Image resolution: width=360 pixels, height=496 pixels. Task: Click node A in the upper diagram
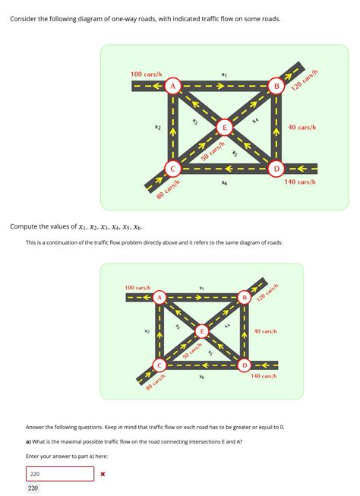[x=172, y=87]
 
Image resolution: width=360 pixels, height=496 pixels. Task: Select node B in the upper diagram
[x=276, y=87]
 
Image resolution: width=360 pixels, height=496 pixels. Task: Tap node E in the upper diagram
[x=224, y=127]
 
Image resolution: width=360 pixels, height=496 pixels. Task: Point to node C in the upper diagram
[x=172, y=168]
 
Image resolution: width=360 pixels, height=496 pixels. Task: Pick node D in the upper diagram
[x=276, y=168]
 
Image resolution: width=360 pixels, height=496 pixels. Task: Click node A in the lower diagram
[x=159, y=299]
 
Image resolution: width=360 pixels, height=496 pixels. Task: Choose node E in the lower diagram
[x=202, y=331]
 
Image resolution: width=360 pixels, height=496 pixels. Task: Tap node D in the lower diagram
[x=244, y=365]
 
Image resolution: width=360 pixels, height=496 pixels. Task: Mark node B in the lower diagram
[x=244, y=299]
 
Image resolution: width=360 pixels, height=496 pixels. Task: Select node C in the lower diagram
[x=159, y=365]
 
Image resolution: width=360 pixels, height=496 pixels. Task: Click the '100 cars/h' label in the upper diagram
[x=146, y=74]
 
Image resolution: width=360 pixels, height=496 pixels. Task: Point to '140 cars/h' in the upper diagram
[x=300, y=182]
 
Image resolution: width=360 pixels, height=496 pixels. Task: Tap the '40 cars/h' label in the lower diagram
[x=266, y=332]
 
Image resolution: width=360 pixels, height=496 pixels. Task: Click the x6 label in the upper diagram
[x=224, y=183]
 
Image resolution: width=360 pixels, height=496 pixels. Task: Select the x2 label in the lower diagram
[x=147, y=331]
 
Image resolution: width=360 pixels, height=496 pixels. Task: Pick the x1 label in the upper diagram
[x=224, y=74]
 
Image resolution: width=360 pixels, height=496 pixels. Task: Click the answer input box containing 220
[x=60, y=473]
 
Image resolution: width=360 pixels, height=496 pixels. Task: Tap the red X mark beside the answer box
[x=103, y=474]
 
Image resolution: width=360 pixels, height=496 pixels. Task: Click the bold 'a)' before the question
[x=29, y=441]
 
